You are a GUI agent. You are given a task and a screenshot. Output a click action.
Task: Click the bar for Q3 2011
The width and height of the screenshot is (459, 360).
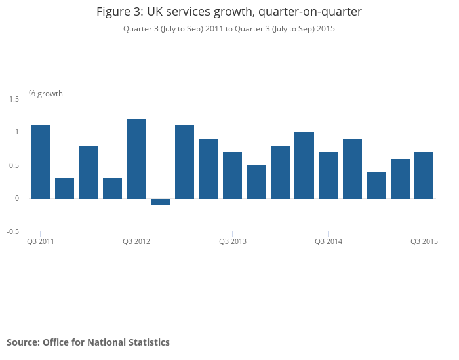click(x=41, y=161)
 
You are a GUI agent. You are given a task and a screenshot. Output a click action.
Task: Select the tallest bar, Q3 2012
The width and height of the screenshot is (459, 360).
click(x=136, y=158)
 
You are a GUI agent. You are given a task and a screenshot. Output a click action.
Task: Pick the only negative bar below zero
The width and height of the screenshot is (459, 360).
click(x=161, y=202)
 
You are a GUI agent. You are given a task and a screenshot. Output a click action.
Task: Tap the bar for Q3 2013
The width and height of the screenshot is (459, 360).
click(x=232, y=175)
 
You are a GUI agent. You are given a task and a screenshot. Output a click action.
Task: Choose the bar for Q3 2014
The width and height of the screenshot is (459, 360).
click(x=328, y=175)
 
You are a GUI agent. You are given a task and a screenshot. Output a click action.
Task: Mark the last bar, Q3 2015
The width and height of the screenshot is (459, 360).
click(x=424, y=175)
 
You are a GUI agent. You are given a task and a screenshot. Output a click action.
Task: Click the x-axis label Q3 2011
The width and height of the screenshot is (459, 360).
click(x=40, y=242)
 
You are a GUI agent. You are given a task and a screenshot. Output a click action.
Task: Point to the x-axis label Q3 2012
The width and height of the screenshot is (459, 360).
click(x=136, y=242)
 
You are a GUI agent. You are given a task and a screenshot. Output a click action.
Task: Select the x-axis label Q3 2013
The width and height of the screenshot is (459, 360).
click(x=232, y=242)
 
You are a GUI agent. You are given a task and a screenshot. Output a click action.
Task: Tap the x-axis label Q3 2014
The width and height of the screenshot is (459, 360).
click(x=329, y=242)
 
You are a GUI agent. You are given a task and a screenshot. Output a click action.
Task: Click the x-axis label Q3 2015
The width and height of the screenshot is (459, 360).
click(x=424, y=242)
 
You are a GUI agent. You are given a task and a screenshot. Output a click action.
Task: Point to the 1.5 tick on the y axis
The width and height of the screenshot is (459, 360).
click(x=14, y=99)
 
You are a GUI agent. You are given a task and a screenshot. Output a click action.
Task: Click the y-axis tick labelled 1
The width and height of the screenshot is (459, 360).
click(x=17, y=132)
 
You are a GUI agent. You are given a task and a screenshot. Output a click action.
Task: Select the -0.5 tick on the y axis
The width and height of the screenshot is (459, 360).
click(x=13, y=231)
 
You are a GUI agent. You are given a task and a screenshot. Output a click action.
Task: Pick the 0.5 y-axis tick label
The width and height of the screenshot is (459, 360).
click(x=14, y=165)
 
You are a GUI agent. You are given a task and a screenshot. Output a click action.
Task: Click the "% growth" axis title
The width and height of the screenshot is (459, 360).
click(x=46, y=94)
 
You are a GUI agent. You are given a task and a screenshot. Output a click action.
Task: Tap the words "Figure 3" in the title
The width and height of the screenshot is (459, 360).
click(x=118, y=12)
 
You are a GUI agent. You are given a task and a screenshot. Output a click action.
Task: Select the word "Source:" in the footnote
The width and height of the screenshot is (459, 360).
click(x=23, y=342)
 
